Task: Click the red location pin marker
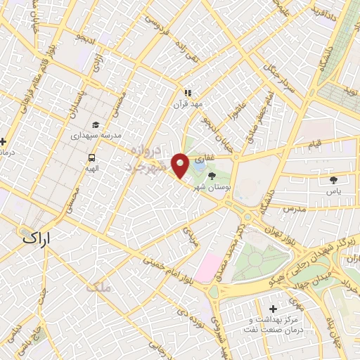181,164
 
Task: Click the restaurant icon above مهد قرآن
188,92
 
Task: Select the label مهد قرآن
188,103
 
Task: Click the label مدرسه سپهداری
93,134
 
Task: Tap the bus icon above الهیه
92,158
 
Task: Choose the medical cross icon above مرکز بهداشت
273,309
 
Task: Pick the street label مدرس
294,210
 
